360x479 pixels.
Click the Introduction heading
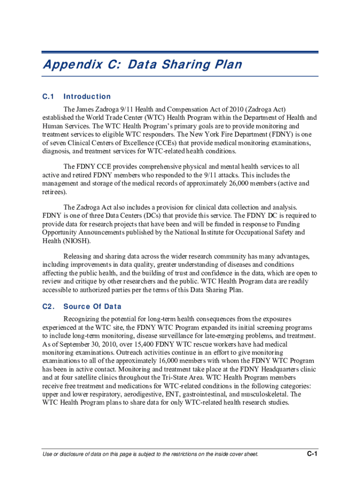tap(87, 97)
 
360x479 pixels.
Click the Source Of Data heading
tap(92, 307)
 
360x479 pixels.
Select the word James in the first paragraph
tap(88, 109)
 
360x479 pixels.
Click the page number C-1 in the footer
tap(312, 454)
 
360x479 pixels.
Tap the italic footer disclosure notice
tap(150, 454)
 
